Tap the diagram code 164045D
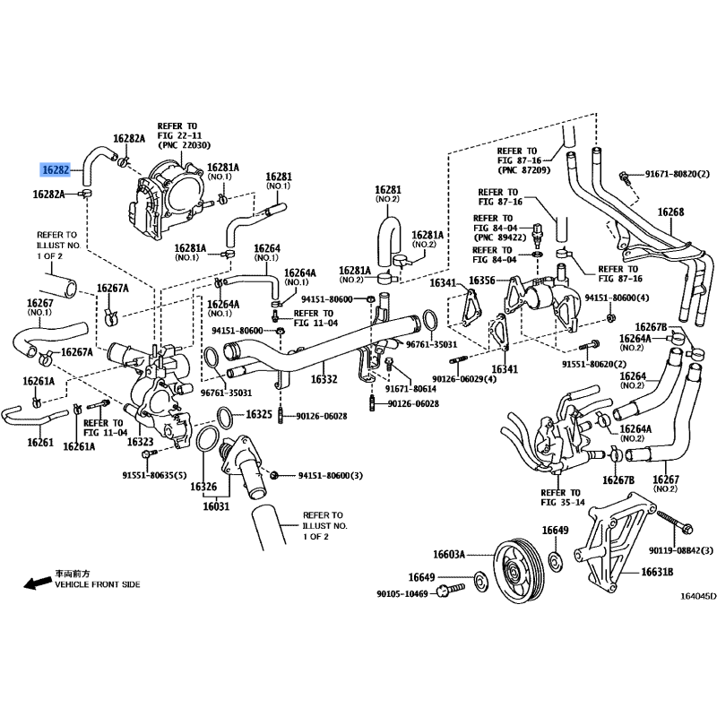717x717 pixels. coord(697,596)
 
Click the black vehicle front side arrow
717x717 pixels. coord(35,583)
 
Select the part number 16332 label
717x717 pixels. coord(324,379)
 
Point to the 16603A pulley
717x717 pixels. coord(518,570)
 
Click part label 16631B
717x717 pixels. coord(657,572)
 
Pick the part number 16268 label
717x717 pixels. coord(670,212)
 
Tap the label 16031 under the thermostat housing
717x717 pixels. coord(216,505)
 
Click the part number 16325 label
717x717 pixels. coord(259,414)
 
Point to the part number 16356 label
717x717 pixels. coord(485,280)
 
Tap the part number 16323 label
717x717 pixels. coord(141,442)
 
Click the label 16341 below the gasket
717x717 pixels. coord(504,368)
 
